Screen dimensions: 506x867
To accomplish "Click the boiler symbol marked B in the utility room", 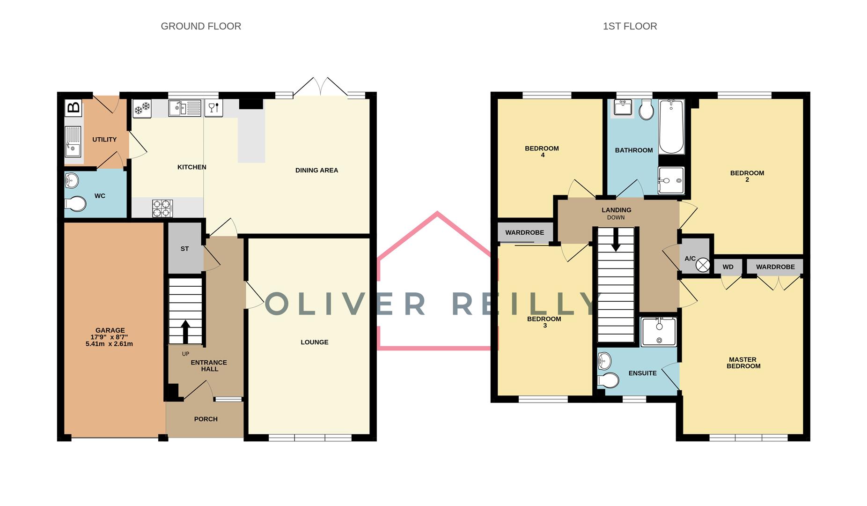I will (73, 108).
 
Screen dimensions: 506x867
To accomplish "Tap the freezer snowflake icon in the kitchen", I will (142, 109).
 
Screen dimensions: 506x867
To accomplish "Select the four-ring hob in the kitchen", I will (162, 208).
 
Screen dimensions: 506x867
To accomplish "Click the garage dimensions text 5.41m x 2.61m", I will (109, 344).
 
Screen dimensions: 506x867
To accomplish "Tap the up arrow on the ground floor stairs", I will (185, 331).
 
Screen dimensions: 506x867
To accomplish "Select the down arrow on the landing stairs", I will (616, 239).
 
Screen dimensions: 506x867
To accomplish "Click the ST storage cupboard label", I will (184, 249).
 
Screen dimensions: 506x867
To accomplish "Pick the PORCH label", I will (206, 419).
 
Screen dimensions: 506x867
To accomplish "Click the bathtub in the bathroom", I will (671, 126).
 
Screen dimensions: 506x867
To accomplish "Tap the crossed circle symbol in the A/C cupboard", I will (702, 265).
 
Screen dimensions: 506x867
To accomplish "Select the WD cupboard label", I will (727, 267).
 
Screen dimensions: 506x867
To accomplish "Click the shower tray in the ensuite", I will (658, 332).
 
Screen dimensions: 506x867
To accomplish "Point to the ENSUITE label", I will (642, 373).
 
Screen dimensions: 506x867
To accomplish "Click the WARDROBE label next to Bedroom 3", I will (524, 232).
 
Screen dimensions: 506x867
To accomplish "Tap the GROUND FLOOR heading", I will (201, 26).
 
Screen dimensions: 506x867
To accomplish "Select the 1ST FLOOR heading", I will (630, 26).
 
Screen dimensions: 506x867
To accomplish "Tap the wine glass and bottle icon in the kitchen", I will (213, 108).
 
